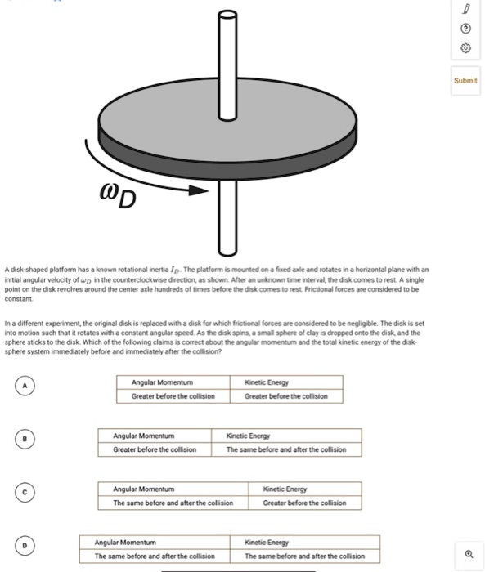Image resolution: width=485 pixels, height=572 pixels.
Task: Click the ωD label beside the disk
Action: (119, 197)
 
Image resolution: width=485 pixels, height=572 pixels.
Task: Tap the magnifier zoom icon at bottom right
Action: (469, 553)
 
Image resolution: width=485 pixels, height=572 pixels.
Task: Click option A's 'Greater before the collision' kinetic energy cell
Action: (285, 396)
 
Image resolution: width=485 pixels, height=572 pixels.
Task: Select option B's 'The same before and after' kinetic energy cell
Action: (285, 449)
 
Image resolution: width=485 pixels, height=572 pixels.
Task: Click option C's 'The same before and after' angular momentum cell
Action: (173, 503)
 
